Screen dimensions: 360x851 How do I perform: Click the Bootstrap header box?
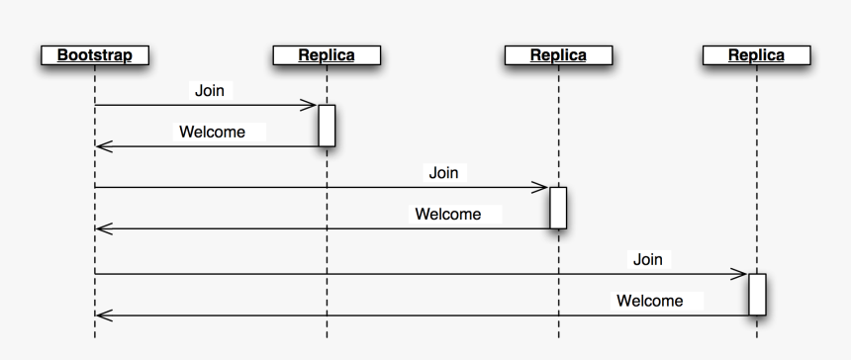tap(94, 55)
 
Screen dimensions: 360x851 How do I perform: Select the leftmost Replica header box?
tap(327, 55)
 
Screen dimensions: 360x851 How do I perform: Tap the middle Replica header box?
tap(558, 55)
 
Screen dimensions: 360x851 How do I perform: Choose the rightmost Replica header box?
tap(756, 55)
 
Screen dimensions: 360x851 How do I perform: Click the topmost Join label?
tap(209, 91)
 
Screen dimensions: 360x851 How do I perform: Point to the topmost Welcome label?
tap(212, 132)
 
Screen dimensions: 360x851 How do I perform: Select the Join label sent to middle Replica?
tap(443, 173)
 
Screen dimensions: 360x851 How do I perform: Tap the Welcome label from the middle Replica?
tap(447, 214)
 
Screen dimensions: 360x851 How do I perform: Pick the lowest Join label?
tap(647, 259)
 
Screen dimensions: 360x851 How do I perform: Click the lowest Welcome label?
tap(649, 301)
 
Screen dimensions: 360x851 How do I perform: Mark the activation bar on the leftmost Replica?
tap(327, 126)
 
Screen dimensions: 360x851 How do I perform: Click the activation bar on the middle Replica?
tap(558, 208)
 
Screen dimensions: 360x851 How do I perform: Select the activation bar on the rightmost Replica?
tap(757, 294)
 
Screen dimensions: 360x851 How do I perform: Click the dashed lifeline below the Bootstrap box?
tap(95, 247)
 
